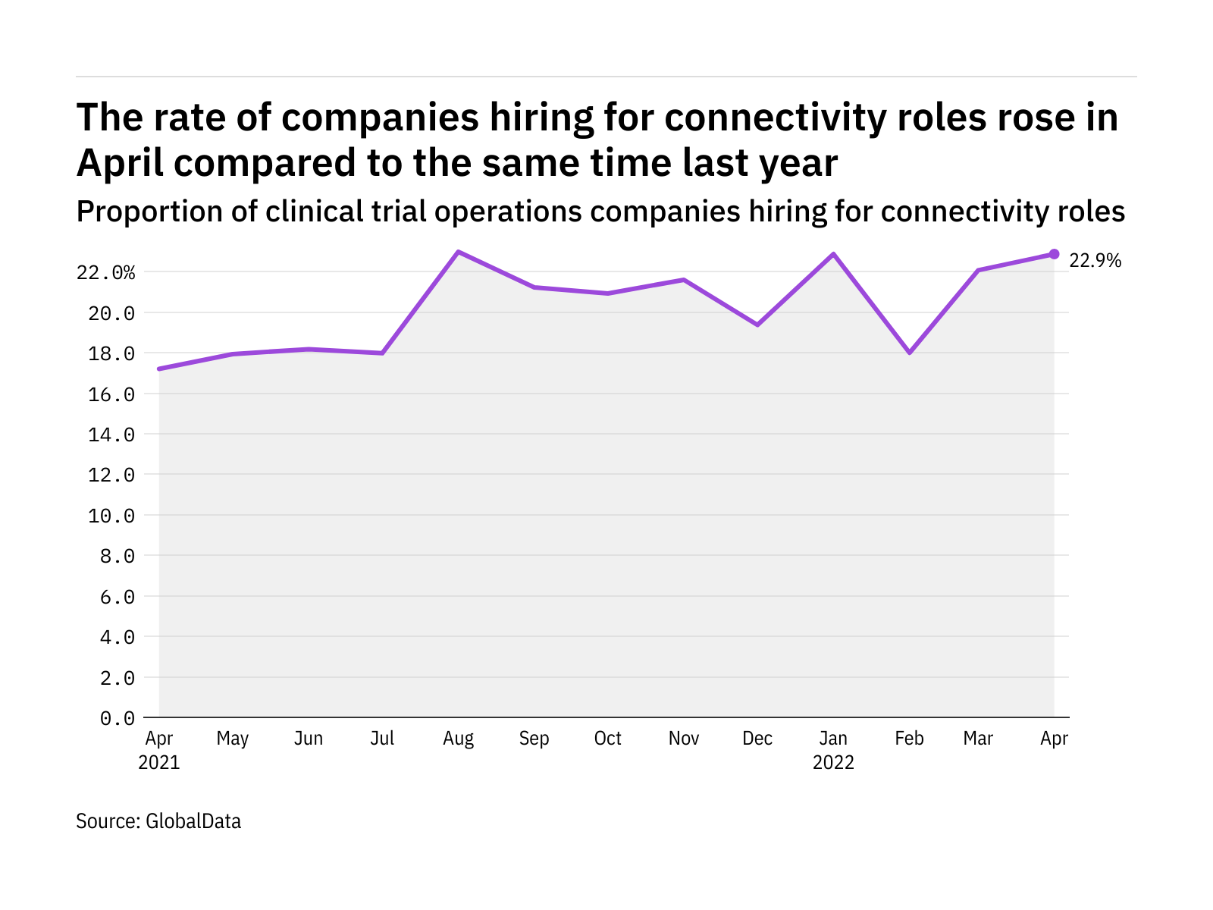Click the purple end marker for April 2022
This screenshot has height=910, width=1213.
click(1054, 254)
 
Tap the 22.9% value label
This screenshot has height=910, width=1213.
click(1095, 261)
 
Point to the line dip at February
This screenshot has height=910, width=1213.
click(909, 353)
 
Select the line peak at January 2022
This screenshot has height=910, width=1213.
click(834, 254)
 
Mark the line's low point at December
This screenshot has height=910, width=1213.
click(757, 325)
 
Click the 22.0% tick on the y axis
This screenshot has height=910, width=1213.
click(106, 272)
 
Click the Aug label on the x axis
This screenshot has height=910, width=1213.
click(459, 739)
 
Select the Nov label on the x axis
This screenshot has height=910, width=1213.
click(684, 739)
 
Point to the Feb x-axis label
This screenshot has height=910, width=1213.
click(909, 739)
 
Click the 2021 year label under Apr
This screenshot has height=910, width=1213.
click(159, 762)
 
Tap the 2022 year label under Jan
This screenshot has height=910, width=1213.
click(834, 762)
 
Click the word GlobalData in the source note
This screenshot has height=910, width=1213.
click(193, 821)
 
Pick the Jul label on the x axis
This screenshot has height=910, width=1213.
click(383, 739)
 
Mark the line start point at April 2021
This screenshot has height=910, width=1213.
click(159, 369)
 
